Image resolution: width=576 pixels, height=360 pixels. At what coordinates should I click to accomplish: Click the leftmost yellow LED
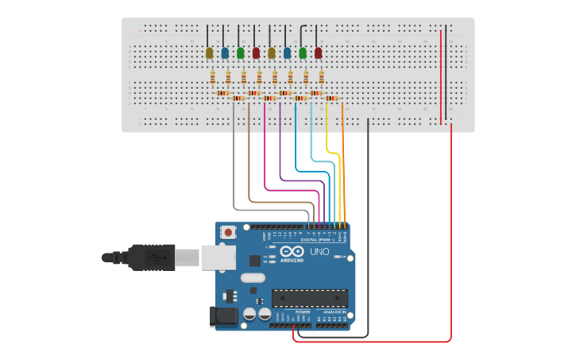click(x=210, y=53)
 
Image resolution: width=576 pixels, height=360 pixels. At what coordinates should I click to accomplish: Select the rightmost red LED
click(x=319, y=53)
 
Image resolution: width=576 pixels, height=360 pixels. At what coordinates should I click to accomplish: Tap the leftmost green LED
click(x=241, y=53)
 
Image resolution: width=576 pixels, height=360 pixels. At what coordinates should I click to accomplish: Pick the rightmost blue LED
click(x=287, y=53)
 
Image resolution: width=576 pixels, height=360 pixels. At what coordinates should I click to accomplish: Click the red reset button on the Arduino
click(x=229, y=233)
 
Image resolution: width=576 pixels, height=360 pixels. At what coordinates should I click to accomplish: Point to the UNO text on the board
click(x=319, y=252)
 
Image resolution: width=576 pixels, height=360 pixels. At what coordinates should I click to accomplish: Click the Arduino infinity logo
click(x=292, y=252)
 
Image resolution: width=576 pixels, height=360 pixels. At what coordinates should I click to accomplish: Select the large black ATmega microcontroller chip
click(x=309, y=298)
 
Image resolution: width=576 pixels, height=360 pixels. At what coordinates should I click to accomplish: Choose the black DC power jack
click(x=223, y=317)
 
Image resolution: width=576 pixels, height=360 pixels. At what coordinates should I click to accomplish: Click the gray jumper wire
click(x=234, y=167)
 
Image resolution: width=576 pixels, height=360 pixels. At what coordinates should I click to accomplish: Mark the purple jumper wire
click(x=280, y=151)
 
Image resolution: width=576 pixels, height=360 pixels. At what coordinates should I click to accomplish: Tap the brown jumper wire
click(x=249, y=159)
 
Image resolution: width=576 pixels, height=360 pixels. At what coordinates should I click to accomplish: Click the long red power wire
click(x=451, y=238)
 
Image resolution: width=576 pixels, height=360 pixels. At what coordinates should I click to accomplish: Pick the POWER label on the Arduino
click(x=303, y=312)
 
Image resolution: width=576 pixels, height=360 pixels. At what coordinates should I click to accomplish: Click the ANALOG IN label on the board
click(x=334, y=312)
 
